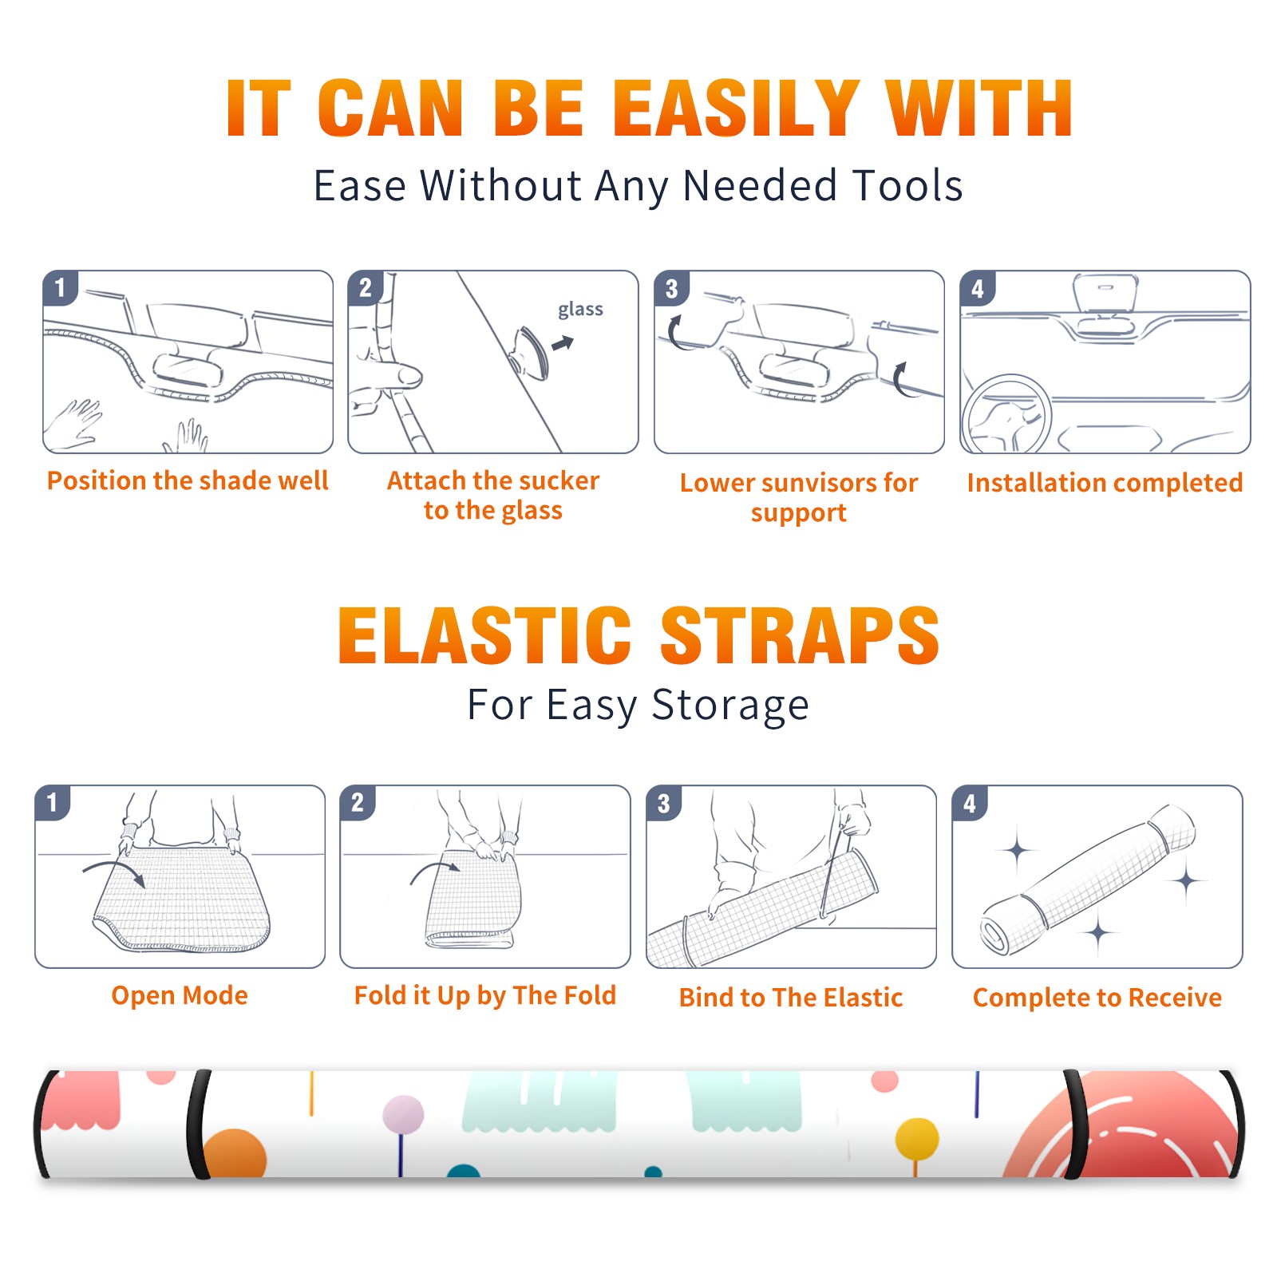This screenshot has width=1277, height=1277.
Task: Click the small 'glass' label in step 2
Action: pos(580,310)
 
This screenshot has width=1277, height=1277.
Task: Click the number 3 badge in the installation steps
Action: pos(671,288)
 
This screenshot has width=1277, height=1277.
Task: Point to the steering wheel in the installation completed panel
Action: pos(1006,414)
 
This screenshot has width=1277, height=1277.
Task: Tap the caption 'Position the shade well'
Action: pos(188,480)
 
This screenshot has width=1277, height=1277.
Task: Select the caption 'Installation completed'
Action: pos(1105,483)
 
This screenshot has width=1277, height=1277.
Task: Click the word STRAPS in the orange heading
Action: pos(800,635)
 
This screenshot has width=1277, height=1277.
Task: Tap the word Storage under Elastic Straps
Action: pos(730,706)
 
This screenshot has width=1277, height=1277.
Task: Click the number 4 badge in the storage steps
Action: pos(970,803)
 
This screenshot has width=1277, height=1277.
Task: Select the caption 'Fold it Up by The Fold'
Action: pos(485,996)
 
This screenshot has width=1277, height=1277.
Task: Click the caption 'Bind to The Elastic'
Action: pos(791,998)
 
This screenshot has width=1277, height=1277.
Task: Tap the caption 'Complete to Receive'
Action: pos(1097,998)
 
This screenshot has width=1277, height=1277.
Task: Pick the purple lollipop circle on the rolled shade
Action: pos(403,1114)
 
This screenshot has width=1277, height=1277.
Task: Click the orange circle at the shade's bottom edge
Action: pos(234,1154)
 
